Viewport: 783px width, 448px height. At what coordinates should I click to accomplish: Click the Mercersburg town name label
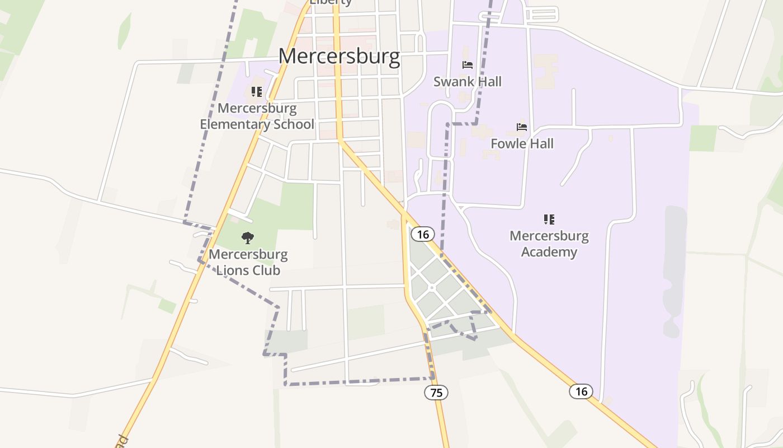[x=339, y=57]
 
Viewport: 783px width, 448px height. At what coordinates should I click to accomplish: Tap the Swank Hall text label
[x=468, y=82]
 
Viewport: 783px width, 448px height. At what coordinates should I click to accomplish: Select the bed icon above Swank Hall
[x=468, y=65]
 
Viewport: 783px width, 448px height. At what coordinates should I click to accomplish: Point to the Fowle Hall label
[x=522, y=144]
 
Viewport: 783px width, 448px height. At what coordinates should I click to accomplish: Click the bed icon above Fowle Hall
[x=522, y=127]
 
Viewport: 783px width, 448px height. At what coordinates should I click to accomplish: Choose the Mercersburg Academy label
[x=549, y=244]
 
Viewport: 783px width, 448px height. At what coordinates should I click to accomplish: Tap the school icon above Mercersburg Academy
[x=549, y=220]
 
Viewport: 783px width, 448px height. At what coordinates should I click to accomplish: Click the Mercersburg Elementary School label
[x=257, y=116]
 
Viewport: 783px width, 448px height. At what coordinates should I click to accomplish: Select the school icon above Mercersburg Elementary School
[x=257, y=92]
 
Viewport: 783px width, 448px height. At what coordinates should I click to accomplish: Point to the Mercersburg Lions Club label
[x=248, y=262]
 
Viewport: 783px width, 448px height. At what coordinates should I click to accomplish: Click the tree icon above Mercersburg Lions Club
[x=248, y=238]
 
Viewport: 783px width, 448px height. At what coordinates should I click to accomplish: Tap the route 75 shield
[x=436, y=393]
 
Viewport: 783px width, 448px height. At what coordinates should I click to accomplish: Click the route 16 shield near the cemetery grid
[x=423, y=234]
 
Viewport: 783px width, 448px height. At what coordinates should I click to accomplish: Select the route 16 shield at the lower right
[x=581, y=391]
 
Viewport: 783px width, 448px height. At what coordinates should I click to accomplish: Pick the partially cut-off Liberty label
[x=331, y=2]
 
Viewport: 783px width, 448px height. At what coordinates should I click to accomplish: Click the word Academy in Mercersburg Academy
[x=549, y=252]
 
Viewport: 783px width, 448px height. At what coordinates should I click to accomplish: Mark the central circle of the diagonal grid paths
[x=432, y=288]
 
